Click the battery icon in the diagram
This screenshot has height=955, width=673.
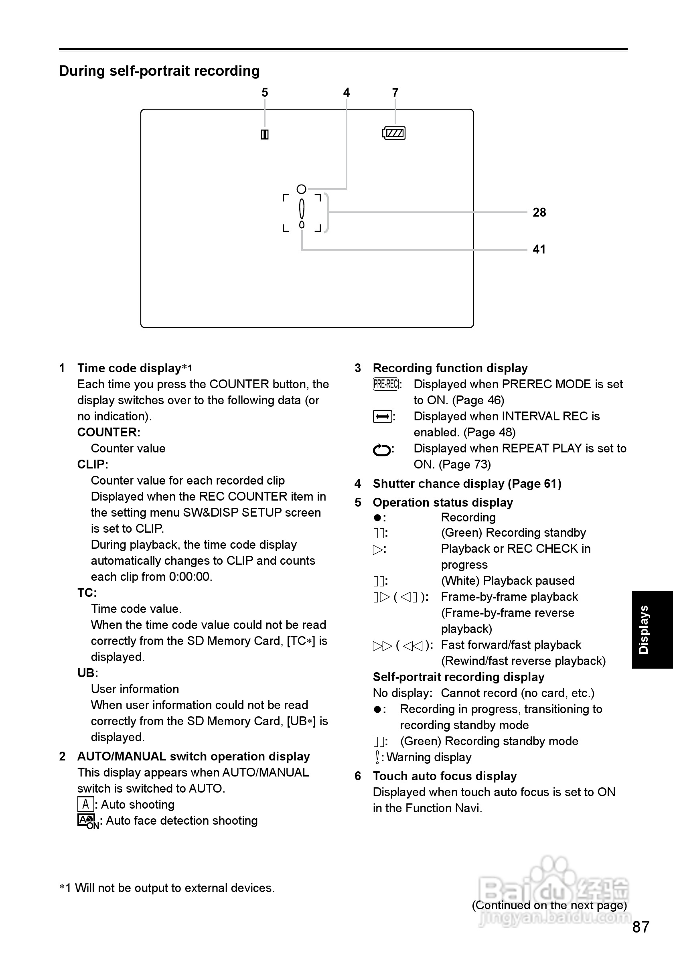pos(393,133)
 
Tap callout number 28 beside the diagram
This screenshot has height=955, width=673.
pos(539,213)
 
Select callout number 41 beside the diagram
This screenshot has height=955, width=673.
pos(539,249)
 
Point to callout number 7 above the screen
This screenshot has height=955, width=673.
pos(395,92)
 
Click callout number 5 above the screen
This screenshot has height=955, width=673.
pos(265,92)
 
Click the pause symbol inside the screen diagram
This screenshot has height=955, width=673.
pos(265,135)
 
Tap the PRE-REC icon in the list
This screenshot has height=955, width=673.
pos(386,384)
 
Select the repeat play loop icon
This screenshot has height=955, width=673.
pos(382,450)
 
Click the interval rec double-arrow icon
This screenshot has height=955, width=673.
pos(382,416)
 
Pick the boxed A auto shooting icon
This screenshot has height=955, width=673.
pos(85,804)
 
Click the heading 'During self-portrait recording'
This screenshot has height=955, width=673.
pos(159,71)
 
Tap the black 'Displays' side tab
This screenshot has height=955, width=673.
pos(652,629)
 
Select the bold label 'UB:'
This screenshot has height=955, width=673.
pos(87,673)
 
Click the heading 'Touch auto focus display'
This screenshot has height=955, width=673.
pos(445,776)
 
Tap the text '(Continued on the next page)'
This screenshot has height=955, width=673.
pos(549,905)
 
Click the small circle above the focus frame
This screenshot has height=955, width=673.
pos(302,189)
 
